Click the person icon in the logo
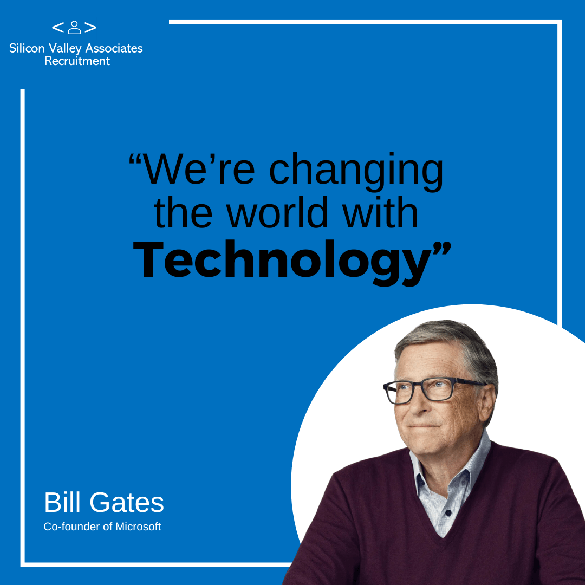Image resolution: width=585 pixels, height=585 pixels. click(x=74, y=27)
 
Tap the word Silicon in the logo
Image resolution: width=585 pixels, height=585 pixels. click(x=27, y=48)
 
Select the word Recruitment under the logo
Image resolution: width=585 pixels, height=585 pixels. click(x=77, y=61)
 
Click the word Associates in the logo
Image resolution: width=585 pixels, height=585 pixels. click(x=114, y=48)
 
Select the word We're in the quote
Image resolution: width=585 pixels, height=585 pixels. click(x=199, y=169)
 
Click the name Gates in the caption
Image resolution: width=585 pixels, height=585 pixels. click(x=126, y=502)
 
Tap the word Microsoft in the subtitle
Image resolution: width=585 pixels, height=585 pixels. click(x=138, y=526)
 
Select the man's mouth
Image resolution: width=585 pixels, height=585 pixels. click(x=424, y=425)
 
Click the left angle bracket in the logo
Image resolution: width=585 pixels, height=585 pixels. click(x=58, y=28)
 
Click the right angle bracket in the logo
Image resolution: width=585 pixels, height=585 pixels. click(x=90, y=28)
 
